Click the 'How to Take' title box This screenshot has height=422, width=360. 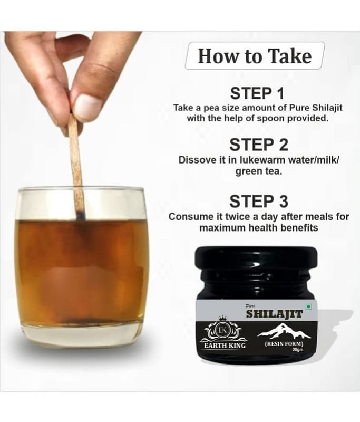255,56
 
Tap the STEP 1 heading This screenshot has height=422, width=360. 257,93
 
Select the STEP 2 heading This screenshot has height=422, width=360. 259,145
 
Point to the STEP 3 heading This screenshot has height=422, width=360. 259,202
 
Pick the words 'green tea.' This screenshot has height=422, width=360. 259,171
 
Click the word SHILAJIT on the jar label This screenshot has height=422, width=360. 274,314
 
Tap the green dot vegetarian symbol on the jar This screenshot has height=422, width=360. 309,307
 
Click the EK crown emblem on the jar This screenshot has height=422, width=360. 223,329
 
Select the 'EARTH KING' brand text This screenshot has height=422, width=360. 225,346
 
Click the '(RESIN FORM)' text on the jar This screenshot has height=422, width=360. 284,344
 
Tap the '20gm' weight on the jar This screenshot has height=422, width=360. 298,350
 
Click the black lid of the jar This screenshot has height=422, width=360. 256,259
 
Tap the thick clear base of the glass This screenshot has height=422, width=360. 82,334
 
